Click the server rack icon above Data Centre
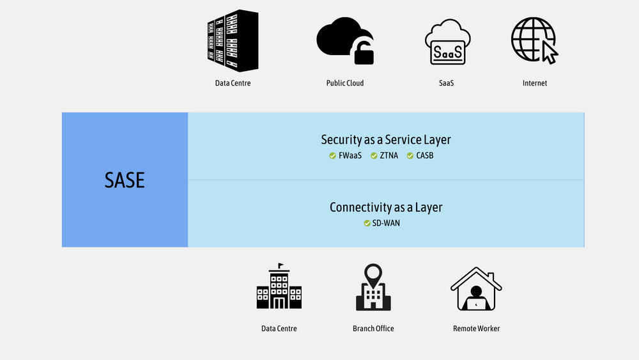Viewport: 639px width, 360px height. [233, 40]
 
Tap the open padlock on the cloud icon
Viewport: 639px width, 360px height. [364, 52]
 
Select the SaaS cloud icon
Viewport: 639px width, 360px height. [448, 43]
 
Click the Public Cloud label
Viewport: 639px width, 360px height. [345, 83]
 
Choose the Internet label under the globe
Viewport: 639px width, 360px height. [535, 83]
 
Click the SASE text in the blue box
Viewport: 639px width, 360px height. [125, 180]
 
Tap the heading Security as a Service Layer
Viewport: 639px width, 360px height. [386, 139]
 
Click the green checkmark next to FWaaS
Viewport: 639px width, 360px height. [332, 155]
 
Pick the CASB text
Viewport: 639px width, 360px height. [425, 155]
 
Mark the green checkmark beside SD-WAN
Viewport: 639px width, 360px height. [367, 223]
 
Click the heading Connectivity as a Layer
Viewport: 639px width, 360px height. [386, 207]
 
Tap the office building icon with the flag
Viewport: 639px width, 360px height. [279, 290]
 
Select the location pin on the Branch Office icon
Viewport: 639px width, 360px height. [373, 274]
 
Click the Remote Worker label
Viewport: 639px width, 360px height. [476, 329]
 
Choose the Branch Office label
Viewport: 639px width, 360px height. [373, 329]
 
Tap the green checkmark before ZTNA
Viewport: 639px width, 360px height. [374, 155]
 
